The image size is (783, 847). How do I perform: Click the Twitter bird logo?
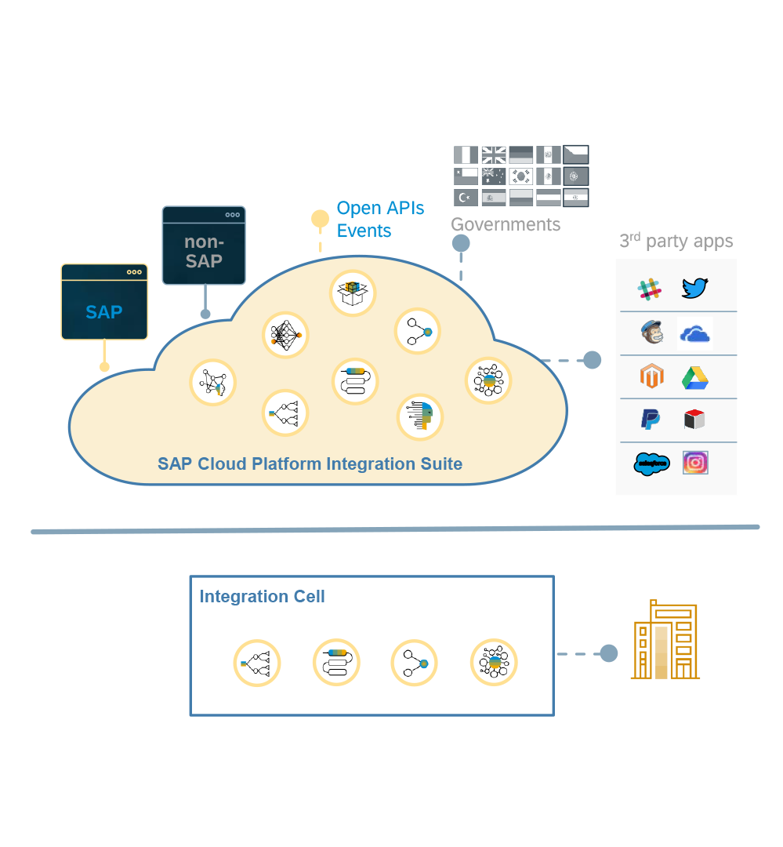(694, 289)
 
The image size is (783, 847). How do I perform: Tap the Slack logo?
(649, 289)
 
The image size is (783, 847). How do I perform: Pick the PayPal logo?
(650, 420)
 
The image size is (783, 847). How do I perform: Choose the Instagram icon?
(695, 463)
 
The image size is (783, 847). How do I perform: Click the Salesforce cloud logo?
(651, 463)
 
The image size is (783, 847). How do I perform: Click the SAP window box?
(104, 302)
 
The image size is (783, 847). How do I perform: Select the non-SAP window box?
(204, 245)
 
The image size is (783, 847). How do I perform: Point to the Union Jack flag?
(494, 154)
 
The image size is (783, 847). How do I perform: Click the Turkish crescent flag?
(466, 197)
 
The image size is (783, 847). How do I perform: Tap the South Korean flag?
(521, 176)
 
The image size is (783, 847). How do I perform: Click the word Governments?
(506, 224)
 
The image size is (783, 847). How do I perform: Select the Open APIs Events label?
(380, 220)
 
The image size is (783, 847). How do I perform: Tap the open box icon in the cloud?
(352, 293)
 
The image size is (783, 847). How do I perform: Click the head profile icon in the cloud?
(420, 416)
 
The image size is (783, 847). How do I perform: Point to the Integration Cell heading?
(262, 597)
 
